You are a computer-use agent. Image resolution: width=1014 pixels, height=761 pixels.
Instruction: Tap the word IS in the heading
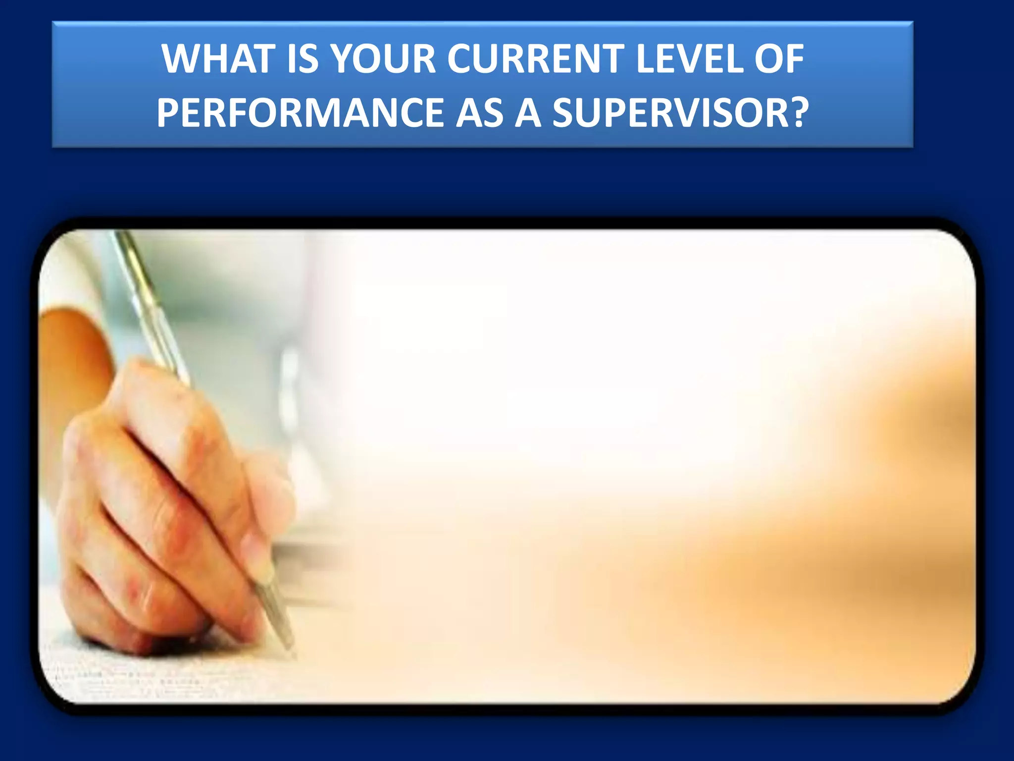[x=302, y=59]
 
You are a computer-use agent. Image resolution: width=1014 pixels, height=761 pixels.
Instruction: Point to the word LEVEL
[x=689, y=59]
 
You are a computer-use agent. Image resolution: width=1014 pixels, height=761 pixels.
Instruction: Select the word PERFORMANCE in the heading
[x=300, y=113]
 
